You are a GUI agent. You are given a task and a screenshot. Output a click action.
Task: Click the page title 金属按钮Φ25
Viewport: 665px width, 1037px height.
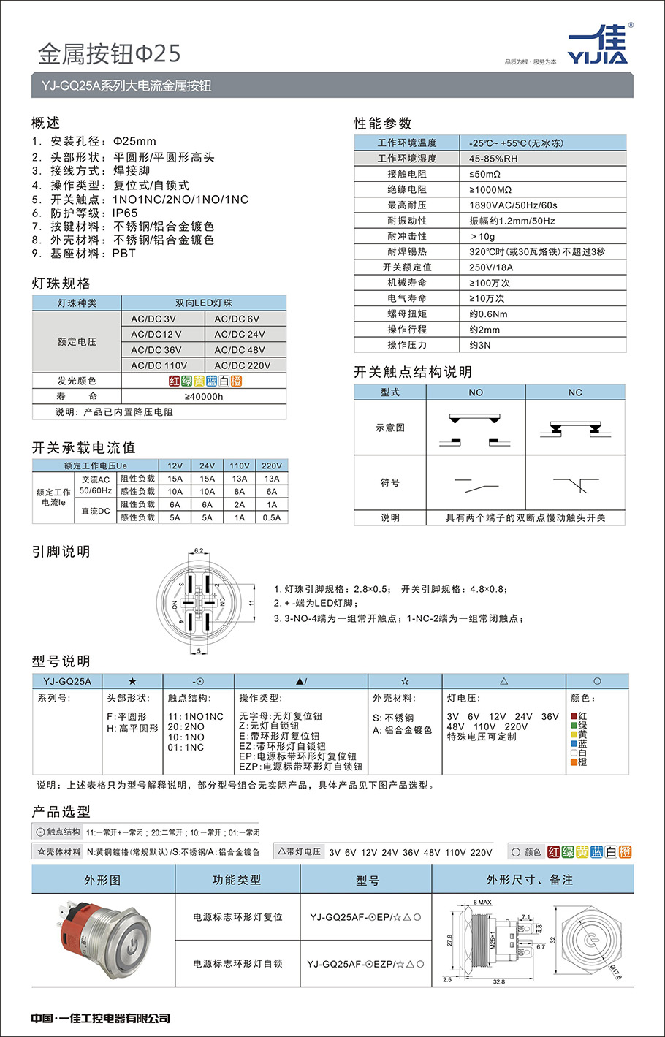click(109, 53)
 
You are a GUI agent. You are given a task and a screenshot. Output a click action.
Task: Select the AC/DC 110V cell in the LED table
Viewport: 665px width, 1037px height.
click(159, 365)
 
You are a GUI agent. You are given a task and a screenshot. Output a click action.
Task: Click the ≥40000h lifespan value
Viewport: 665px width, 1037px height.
click(204, 397)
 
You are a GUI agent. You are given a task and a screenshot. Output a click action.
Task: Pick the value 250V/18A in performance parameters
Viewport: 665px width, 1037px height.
click(491, 267)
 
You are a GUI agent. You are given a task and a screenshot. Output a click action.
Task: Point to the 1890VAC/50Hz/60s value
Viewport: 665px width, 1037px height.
click(513, 205)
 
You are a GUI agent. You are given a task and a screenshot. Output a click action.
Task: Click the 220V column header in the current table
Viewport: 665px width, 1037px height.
click(272, 466)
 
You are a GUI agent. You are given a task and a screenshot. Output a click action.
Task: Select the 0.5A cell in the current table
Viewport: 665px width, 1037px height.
click(272, 517)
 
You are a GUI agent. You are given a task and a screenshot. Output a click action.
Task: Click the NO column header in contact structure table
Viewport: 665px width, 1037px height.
click(476, 392)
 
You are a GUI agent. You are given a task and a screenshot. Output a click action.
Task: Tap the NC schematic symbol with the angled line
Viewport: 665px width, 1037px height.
click(576, 484)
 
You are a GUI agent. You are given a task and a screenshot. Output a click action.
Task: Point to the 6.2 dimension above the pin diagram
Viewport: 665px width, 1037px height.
click(199, 551)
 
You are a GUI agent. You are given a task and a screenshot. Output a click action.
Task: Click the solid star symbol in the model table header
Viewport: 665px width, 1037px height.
click(132, 681)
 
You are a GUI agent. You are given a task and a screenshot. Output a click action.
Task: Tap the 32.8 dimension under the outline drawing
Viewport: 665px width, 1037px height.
click(498, 981)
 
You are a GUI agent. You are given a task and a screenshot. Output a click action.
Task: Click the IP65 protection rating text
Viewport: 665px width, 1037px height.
click(125, 213)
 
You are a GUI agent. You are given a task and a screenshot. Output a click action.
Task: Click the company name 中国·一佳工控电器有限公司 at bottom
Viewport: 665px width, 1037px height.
click(101, 1018)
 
